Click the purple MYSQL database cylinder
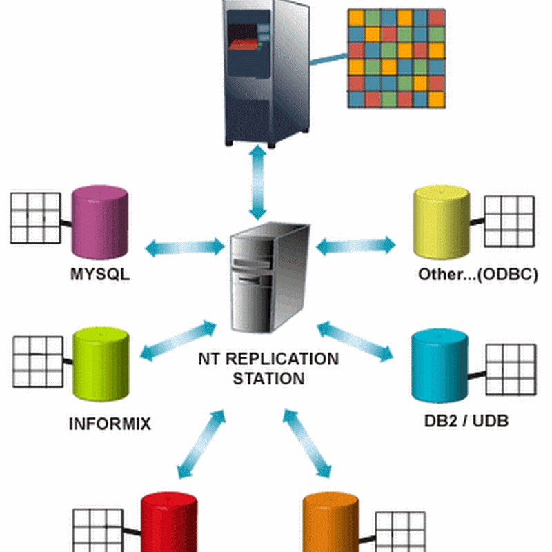(x=100, y=219)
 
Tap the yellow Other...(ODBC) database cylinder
(x=442, y=221)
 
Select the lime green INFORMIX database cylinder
(x=101, y=366)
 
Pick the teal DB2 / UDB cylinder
(x=440, y=366)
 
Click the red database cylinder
(x=170, y=524)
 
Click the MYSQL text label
(x=101, y=274)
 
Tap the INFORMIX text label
(x=110, y=422)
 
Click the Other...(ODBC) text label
(x=477, y=274)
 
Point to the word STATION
(x=268, y=378)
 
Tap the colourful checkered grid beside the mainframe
(x=395, y=58)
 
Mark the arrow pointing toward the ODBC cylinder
(x=355, y=244)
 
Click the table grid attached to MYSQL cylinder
(x=35, y=218)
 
